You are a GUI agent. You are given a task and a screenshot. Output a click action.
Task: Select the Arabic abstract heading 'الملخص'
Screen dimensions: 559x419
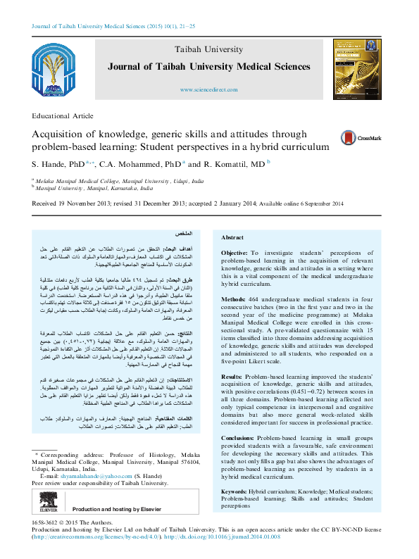click(183, 233)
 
